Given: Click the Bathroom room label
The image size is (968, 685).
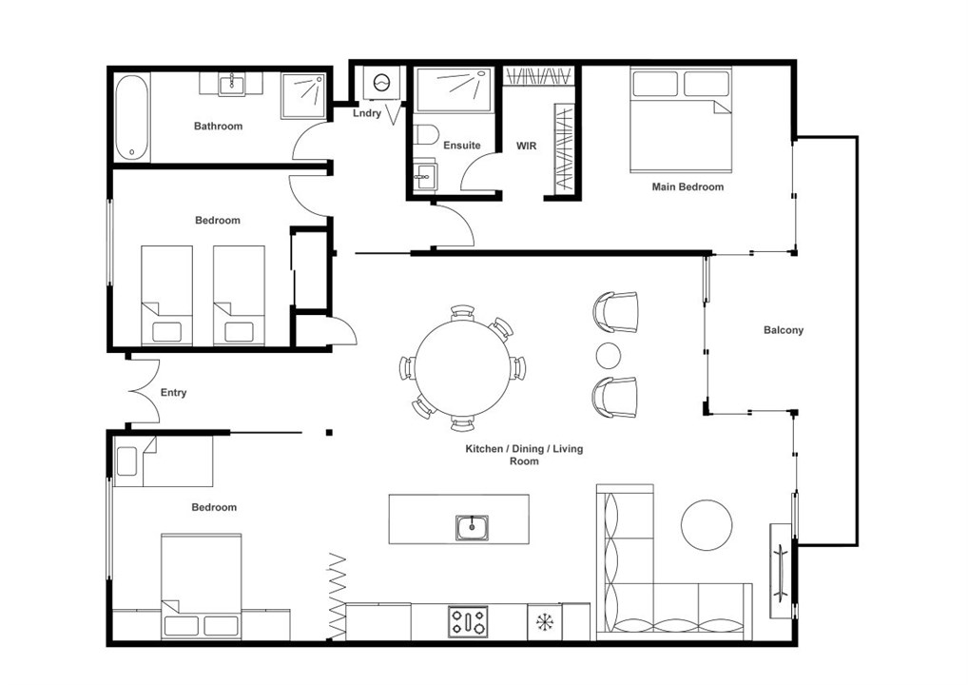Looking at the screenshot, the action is pos(218,126).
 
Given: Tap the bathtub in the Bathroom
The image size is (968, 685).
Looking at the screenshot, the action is pos(132,118).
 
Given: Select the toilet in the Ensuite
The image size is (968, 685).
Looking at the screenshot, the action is pos(425,135).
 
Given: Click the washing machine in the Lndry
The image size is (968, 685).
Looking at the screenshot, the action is pos(381,82).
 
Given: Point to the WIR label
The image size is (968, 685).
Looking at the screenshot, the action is pos(527,146).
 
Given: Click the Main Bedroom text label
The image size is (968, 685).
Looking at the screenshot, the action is pos(687,186).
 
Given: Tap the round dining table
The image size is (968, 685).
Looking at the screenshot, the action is pos(463,367).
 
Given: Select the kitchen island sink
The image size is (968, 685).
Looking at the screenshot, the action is pos(473,527).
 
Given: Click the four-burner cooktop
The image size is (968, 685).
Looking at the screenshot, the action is pos(468,621).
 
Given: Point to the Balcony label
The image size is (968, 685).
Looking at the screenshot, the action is pos(784,330).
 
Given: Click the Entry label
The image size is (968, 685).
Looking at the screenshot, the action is pos(173,392).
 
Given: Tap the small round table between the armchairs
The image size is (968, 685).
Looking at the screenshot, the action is pos(609,355).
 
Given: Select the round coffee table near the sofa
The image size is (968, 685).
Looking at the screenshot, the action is pos(707,525).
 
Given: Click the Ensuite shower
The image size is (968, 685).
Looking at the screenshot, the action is pos(455,89).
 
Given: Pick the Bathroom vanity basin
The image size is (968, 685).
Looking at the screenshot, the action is pos(232,84).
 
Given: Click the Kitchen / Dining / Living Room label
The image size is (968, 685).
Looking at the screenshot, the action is pos(524,455).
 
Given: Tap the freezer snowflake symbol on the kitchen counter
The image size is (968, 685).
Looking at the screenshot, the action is pos(545,622).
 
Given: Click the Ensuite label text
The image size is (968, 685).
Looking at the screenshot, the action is pos(462,146).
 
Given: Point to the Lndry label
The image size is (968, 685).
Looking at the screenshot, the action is pos(367,113).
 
